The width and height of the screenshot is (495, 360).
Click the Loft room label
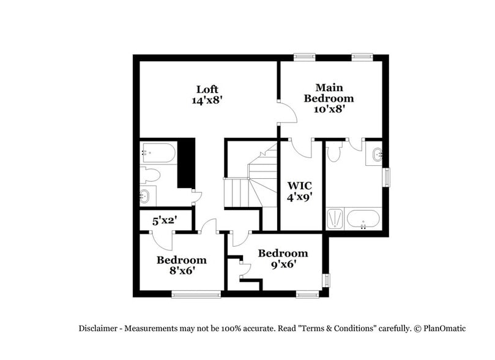(x=207, y=89)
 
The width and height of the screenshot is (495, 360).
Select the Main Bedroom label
(x=329, y=92)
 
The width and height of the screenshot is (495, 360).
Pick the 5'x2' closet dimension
(x=165, y=220)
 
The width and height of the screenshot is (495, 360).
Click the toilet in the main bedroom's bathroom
(x=333, y=152)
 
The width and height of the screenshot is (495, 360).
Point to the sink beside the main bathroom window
(x=376, y=155)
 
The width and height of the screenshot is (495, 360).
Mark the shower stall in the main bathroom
(x=335, y=219)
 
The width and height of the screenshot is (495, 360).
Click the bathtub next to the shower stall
(x=363, y=219)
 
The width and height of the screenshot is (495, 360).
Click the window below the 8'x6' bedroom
(x=196, y=294)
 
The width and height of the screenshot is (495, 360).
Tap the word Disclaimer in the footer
(x=99, y=328)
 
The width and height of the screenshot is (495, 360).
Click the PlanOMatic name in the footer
(x=443, y=328)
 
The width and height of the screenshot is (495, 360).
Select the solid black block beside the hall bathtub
(x=185, y=163)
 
